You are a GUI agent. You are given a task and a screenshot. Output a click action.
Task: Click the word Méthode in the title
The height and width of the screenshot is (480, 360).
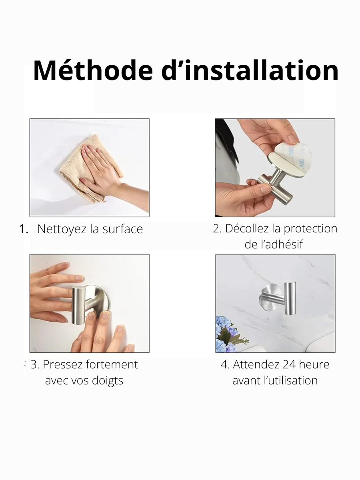click(93, 71)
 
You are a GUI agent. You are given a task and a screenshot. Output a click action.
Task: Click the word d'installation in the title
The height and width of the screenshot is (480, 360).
click(249, 71)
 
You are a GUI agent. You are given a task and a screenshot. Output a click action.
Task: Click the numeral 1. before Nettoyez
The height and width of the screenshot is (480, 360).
click(24, 229)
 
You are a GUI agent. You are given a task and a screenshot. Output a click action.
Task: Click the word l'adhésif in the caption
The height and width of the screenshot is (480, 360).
click(274, 244)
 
